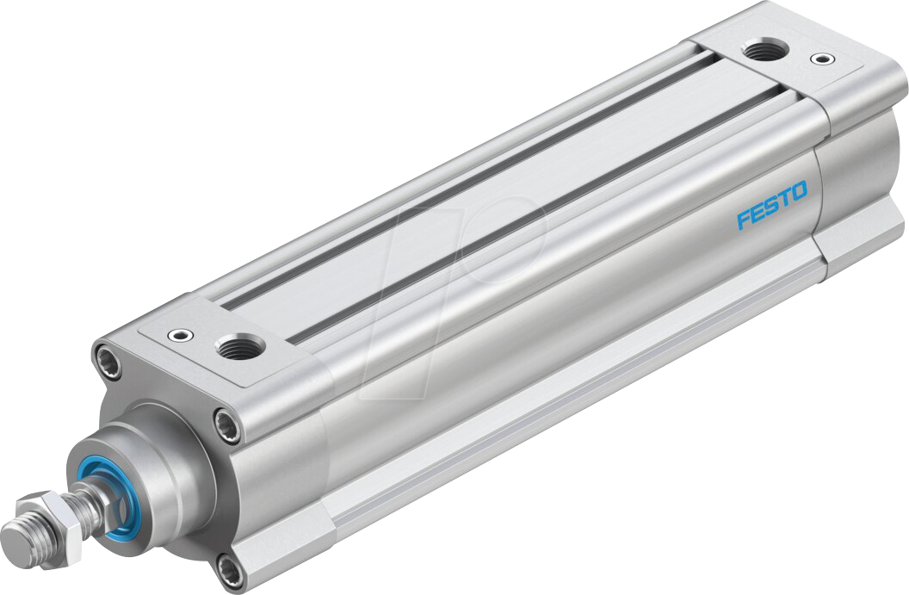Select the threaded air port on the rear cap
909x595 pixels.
coord(761,51)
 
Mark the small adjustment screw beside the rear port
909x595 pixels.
coord(826,59)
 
